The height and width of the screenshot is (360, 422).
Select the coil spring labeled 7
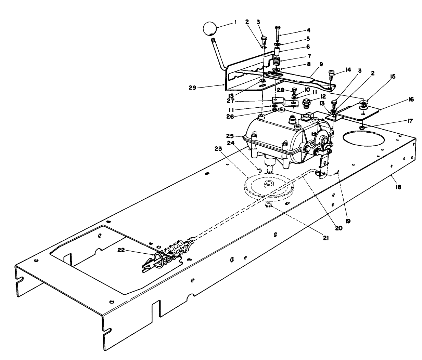point(276,63)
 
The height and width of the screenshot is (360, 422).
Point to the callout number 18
point(398,187)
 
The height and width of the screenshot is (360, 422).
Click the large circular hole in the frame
point(359,142)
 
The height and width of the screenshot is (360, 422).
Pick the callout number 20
point(339,228)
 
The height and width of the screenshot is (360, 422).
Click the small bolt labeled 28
point(293,92)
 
